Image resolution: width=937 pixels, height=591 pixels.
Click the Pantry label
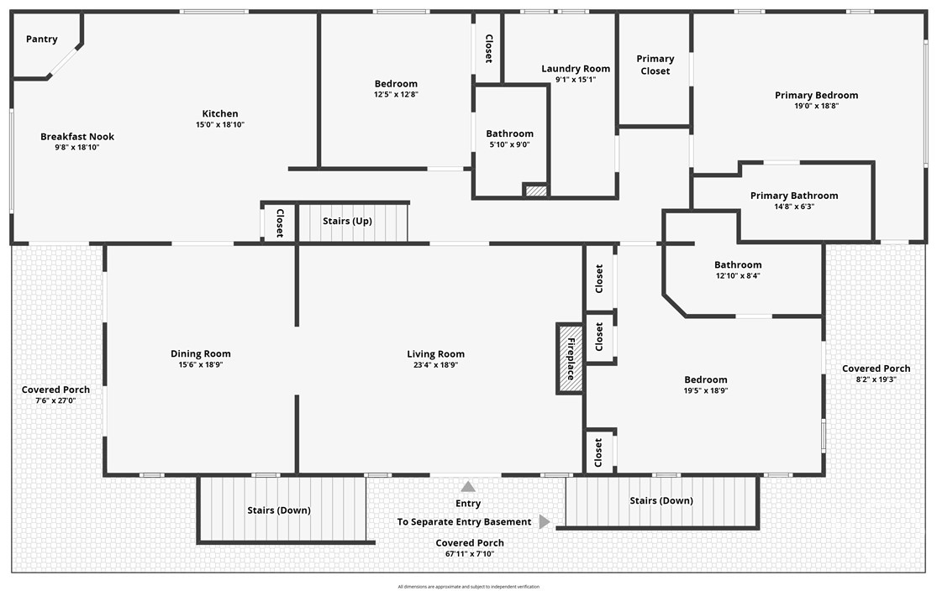40,39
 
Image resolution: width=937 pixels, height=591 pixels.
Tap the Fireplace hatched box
570,358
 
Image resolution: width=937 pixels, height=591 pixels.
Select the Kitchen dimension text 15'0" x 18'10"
220,125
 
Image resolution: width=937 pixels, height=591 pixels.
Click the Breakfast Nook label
77,137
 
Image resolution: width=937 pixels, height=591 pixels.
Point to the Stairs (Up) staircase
353,222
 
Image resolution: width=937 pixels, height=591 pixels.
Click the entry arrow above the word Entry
468,486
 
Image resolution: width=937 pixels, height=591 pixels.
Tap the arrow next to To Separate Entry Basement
544,522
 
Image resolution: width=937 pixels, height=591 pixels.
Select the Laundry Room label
576,69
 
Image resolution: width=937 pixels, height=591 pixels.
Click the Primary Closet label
655,65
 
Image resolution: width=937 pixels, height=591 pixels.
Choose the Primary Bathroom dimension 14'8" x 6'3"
793,207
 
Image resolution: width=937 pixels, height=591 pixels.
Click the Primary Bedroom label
816,96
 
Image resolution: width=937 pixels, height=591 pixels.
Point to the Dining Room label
200,354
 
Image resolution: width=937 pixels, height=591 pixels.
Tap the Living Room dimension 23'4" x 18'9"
435,365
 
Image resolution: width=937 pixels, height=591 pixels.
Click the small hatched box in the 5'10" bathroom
535,191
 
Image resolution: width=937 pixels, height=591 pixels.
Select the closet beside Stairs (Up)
279,223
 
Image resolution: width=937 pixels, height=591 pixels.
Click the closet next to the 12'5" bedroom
488,48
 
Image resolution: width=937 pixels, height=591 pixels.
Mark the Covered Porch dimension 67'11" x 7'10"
469,554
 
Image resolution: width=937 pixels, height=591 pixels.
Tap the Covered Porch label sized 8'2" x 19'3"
876,369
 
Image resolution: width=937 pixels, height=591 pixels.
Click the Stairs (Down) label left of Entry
278,510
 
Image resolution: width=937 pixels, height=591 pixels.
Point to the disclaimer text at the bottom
468,586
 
